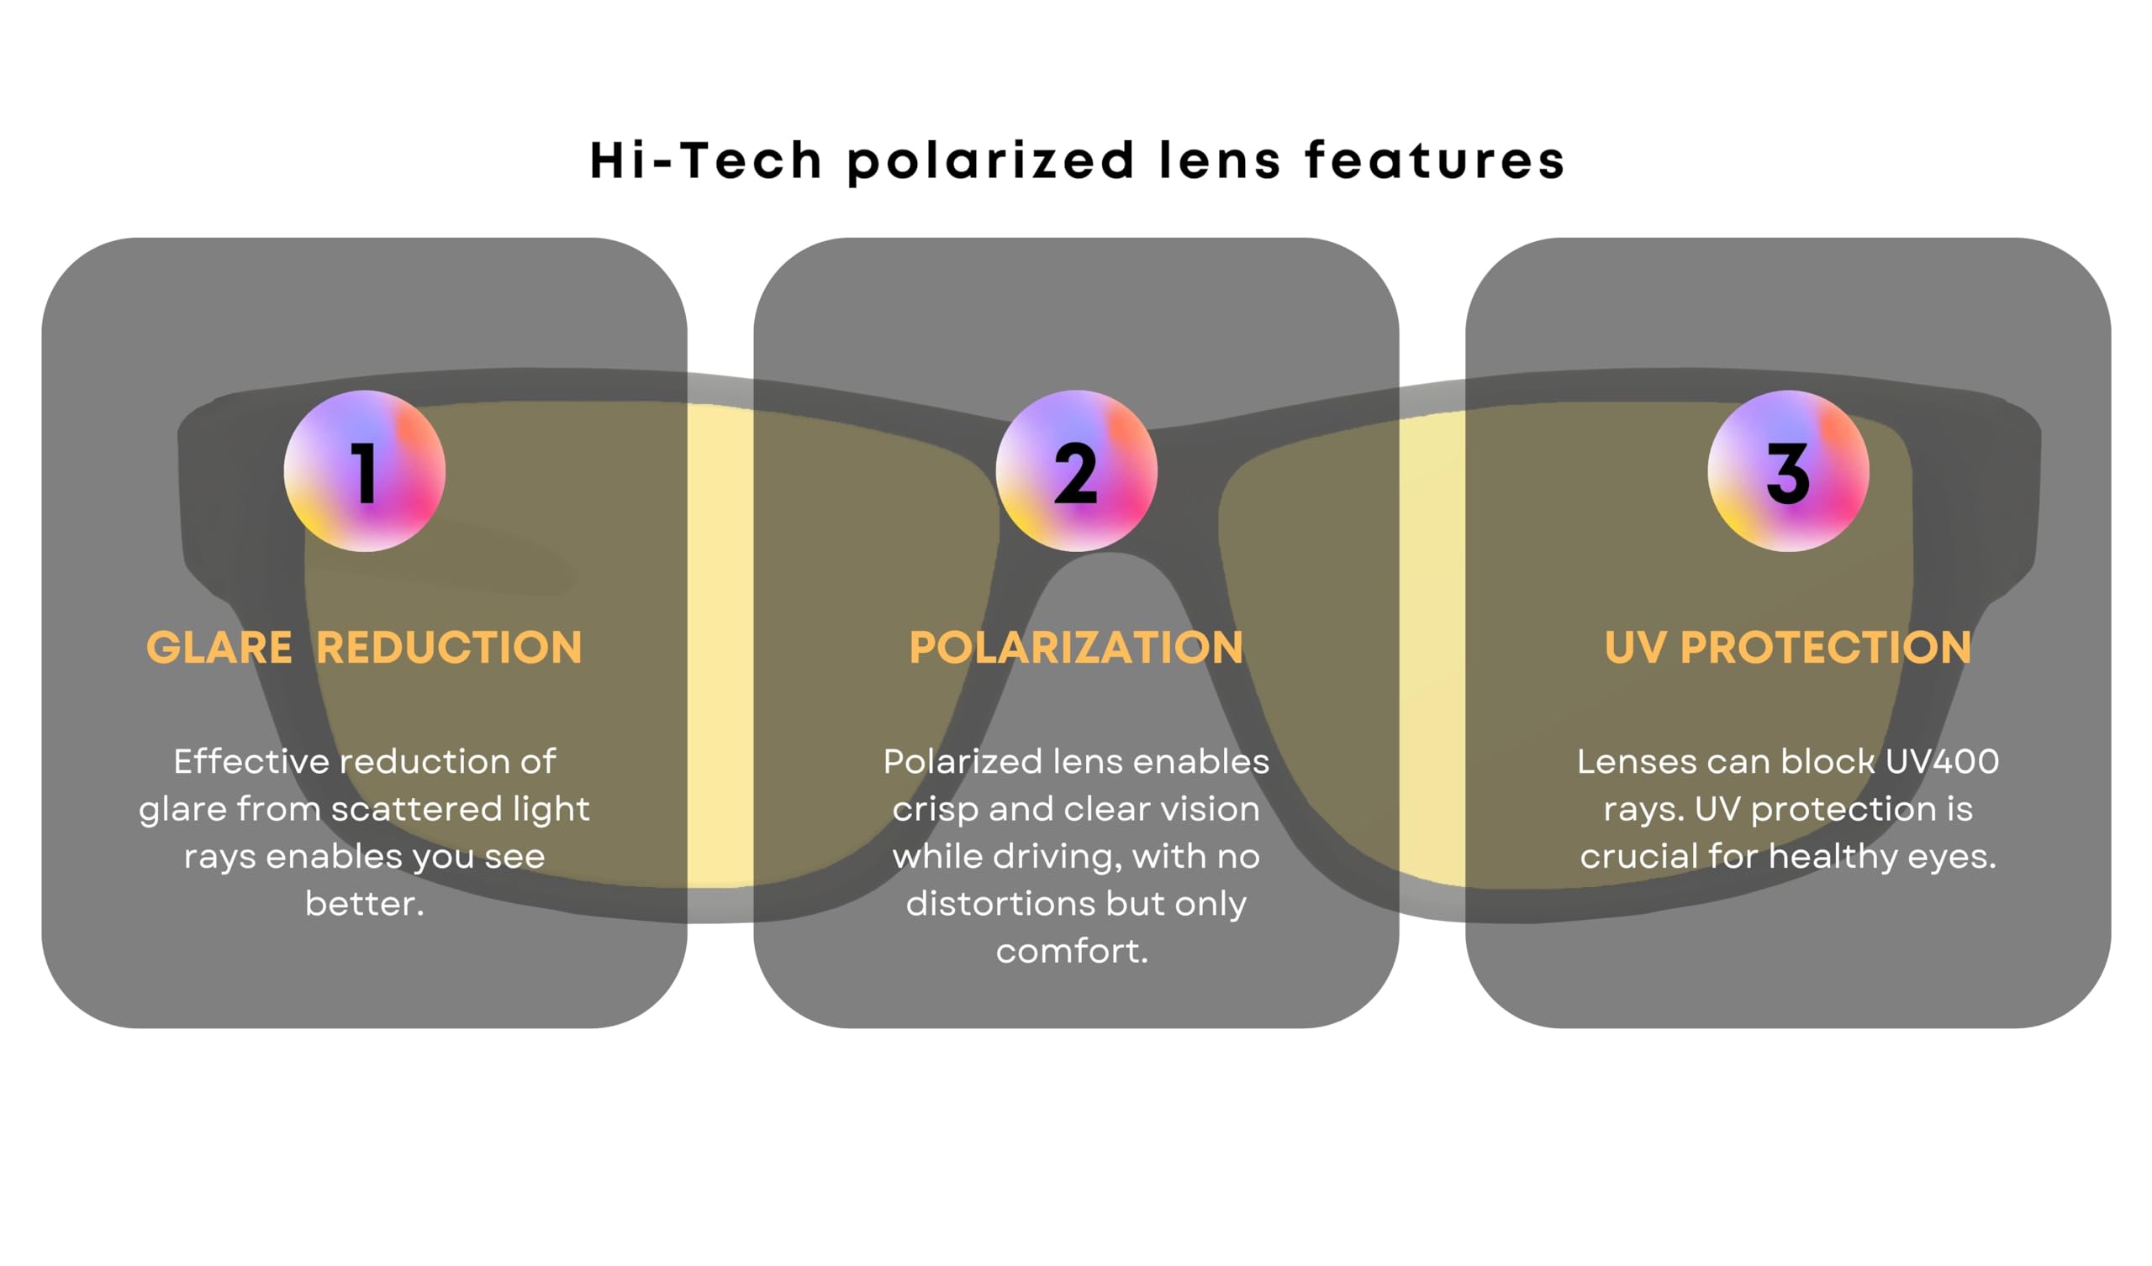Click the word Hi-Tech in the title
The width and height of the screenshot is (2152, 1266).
click(706, 160)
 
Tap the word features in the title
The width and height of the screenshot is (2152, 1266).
click(1436, 160)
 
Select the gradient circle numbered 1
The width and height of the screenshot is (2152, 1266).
click(365, 471)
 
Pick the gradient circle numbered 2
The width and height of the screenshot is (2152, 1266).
click(1076, 471)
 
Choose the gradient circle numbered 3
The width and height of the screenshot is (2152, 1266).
click(1788, 471)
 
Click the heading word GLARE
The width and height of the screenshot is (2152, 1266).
click(219, 647)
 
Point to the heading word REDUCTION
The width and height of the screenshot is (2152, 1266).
click(449, 647)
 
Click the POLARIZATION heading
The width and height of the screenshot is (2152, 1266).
click(1076, 647)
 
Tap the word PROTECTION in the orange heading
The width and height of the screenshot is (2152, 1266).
click(1826, 647)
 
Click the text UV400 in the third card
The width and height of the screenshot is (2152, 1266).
click(1942, 761)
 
